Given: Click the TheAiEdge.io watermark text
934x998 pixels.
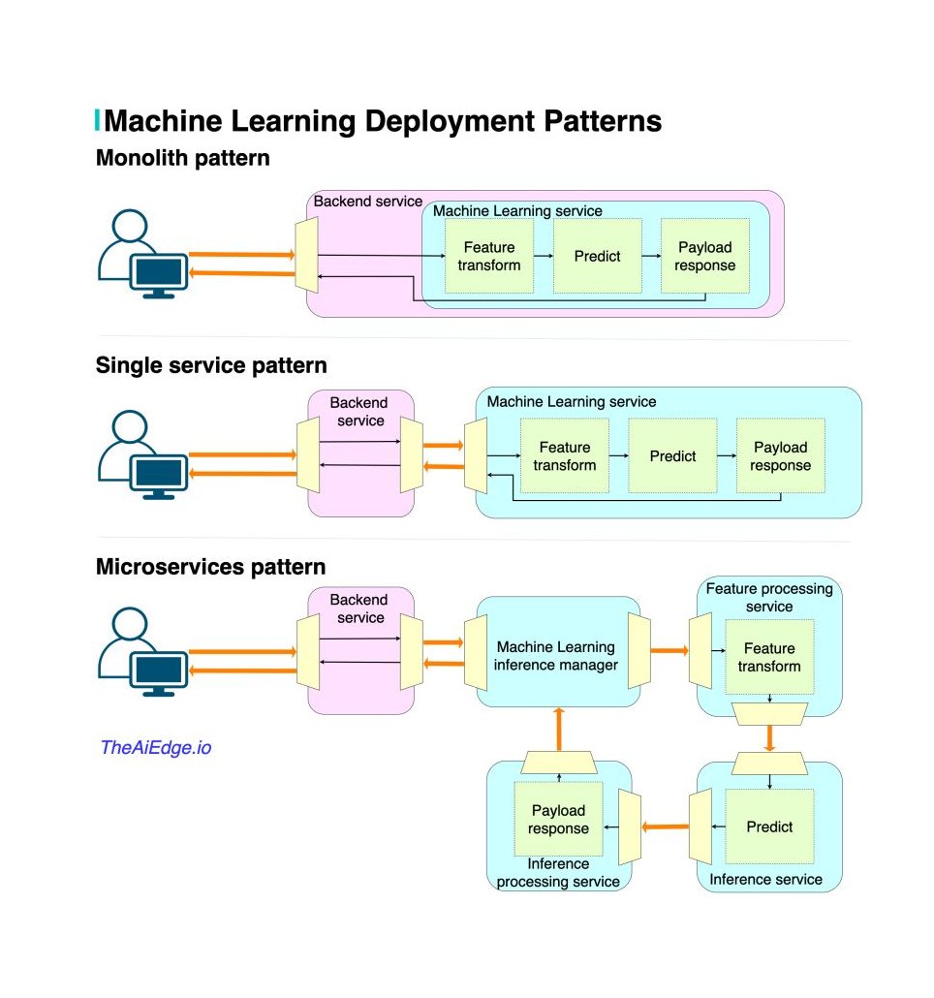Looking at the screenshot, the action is pyautogui.click(x=156, y=747).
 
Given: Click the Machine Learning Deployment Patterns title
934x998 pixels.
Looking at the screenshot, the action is pyautogui.click(x=383, y=121).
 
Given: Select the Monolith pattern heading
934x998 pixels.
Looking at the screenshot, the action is pyautogui.click(x=182, y=158).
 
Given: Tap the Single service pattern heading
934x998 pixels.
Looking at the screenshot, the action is pyautogui.click(x=211, y=365).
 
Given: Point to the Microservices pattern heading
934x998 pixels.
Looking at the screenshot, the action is pyautogui.click(x=210, y=567).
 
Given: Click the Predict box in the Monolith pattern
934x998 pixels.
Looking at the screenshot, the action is pyautogui.click(x=598, y=256).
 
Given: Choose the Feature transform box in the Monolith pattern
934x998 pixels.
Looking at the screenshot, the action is pyautogui.click(x=489, y=256).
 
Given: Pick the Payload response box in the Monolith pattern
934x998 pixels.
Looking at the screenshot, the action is pyautogui.click(x=705, y=256).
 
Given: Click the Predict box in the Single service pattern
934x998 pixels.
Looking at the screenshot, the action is pyautogui.click(x=672, y=455).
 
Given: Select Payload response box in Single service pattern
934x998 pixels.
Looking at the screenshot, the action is pyautogui.click(x=781, y=455).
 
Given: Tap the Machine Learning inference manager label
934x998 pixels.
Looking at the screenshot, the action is pyautogui.click(x=556, y=656).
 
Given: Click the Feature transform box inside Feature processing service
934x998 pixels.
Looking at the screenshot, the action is pyautogui.click(x=770, y=657).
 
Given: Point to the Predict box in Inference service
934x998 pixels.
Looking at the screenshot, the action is pyautogui.click(x=770, y=826).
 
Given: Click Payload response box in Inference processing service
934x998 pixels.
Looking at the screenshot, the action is pyautogui.click(x=559, y=819).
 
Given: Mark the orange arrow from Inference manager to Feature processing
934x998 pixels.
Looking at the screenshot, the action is pyautogui.click(x=669, y=650).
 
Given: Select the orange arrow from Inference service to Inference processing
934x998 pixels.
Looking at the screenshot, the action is pyautogui.click(x=665, y=826).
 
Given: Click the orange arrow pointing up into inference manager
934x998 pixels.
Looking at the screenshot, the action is pyautogui.click(x=559, y=730).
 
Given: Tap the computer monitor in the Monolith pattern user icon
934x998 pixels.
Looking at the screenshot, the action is pyautogui.click(x=159, y=275).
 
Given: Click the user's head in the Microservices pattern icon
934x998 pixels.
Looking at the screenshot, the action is pyautogui.click(x=130, y=624).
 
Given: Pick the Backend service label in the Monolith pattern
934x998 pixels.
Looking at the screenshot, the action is pyautogui.click(x=368, y=202).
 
